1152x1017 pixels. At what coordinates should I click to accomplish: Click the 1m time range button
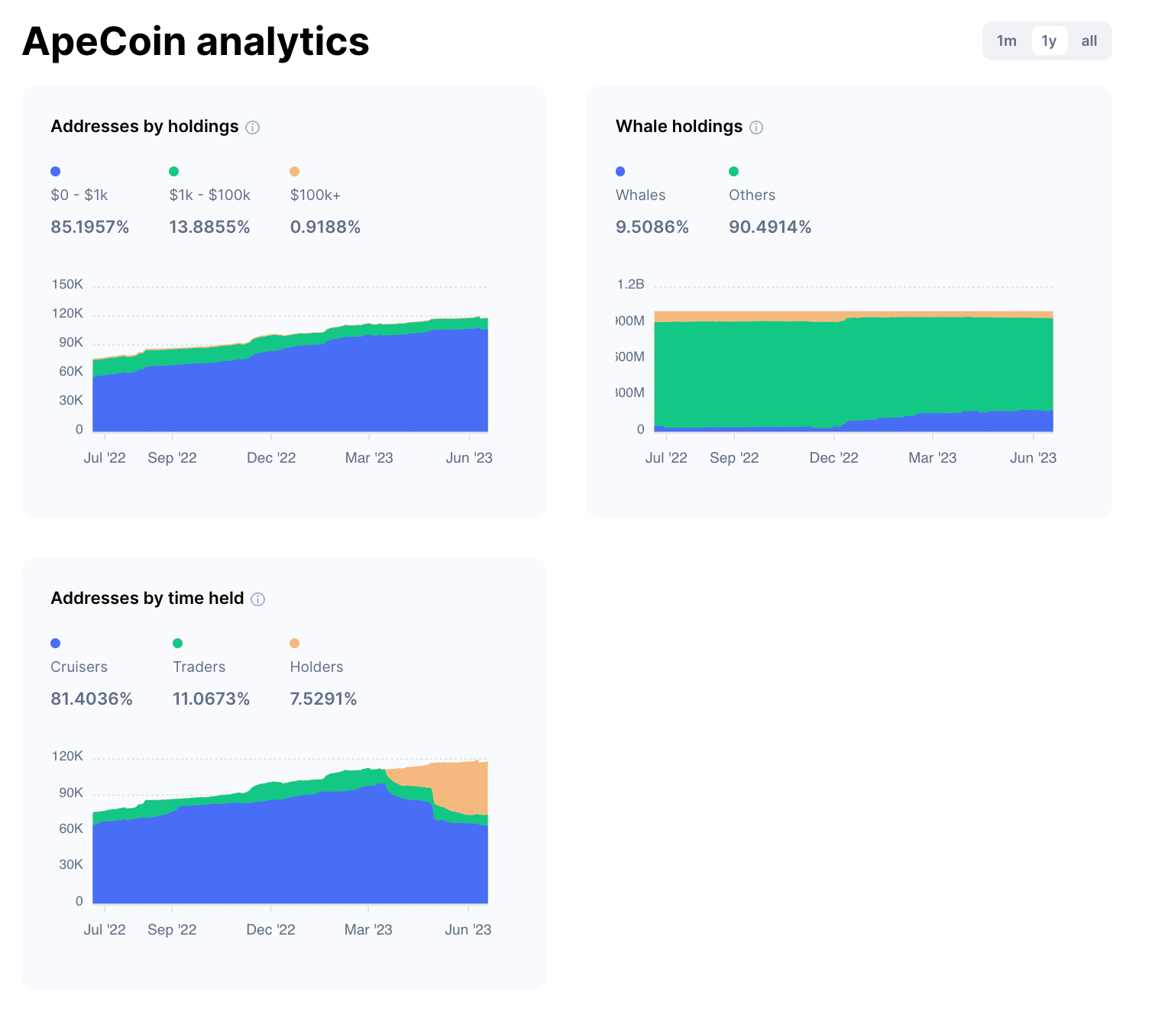pyautogui.click(x=1006, y=41)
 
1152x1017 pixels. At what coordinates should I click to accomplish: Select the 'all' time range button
pyautogui.click(x=1089, y=41)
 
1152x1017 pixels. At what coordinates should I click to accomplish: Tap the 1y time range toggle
pyautogui.click(x=1049, y=41)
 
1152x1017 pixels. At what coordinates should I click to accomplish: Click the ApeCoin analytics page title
pyautogui.click(x=196, y=41)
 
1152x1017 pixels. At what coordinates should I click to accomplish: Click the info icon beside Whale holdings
pyautogui.click(x=756, y=128)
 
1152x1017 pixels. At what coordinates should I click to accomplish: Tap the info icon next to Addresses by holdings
pyautogui.click(x=252, y=128)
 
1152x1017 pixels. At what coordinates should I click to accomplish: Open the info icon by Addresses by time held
pyautogui.click(x=258, y=599)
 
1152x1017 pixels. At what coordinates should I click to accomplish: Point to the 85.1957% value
pyautogui.click(x=90, y=227)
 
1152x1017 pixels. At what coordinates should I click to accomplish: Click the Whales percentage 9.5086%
pyautogui.click(x=652, y=227)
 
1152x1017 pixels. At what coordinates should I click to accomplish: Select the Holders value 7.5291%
pyautogui.click(x=323, y=699)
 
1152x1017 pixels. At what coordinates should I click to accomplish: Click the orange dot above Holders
pyautogui.click(x=295, y=643)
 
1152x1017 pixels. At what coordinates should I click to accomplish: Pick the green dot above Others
pyautogui.click(x=733, y=171)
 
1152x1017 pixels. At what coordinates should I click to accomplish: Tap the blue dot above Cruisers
pyautogui.click(x=55, y=643)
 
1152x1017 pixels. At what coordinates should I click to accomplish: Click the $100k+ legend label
pyautogui.click(x=316, y=195)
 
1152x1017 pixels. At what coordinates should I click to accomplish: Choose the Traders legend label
pyautogui.click(x=199, y=667)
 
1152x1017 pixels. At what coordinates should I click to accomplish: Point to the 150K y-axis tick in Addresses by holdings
pyautogui.click(x=67, y=284)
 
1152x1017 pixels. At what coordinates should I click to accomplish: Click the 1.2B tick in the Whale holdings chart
pyautogui.click(x=630, y=284)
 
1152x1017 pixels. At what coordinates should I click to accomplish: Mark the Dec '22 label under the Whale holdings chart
pyautogui.click(x=833, y=457)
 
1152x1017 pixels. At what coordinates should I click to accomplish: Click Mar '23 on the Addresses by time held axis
pyautogui.click(x=368, y=929)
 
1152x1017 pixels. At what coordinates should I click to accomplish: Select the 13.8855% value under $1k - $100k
pyautogui.click(x=209, y=227)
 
